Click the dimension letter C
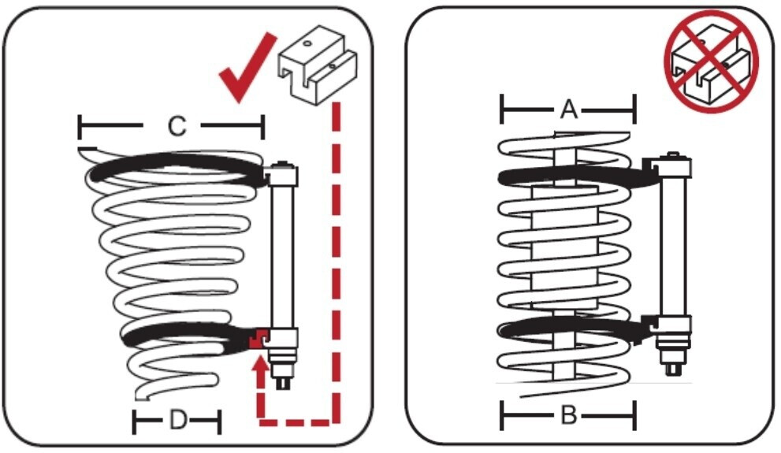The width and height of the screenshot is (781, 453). click(178, 126)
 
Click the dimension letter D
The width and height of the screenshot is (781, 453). click(178, 422)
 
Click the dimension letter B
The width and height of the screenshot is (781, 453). click(568, 415)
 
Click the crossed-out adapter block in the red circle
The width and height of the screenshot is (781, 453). click(710, 61)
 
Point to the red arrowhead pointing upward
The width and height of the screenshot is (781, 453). click(261, 364)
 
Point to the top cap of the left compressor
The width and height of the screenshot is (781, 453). click(281, 169)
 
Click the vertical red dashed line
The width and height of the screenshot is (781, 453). click(337, 260)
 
